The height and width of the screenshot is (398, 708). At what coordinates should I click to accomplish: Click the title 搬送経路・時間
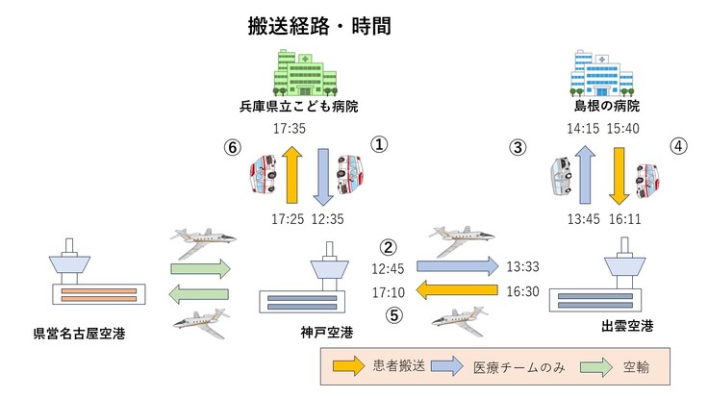point(318,25)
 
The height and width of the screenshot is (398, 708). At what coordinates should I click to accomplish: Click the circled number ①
point(380,144)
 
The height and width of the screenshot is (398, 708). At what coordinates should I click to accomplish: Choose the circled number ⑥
point(231,148)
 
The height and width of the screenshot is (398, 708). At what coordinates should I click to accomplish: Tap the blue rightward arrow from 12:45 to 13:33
point(459,265)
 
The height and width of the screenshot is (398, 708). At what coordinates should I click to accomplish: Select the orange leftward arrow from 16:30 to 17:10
point(459,289)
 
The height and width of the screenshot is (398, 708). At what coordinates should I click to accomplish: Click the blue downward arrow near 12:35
point(324,177)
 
